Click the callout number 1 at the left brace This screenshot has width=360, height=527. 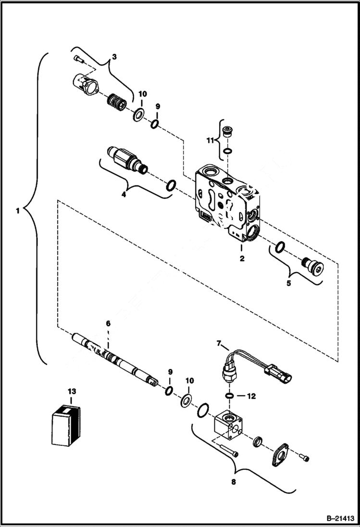tap(17, 210)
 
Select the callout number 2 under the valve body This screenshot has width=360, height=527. tap(242, 258)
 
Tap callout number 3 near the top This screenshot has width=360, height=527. tap(114, 57)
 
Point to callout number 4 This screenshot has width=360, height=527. tap(123, 195)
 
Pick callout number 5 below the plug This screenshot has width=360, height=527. tap(288, 283)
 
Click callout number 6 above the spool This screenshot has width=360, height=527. tap(108, 324)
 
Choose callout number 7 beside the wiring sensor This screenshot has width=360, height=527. tap(219, 344)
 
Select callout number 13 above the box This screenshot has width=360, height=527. tap(72, 392)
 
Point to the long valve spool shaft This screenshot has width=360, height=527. tap(115, 358)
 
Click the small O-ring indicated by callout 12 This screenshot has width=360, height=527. tap(230, 396)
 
